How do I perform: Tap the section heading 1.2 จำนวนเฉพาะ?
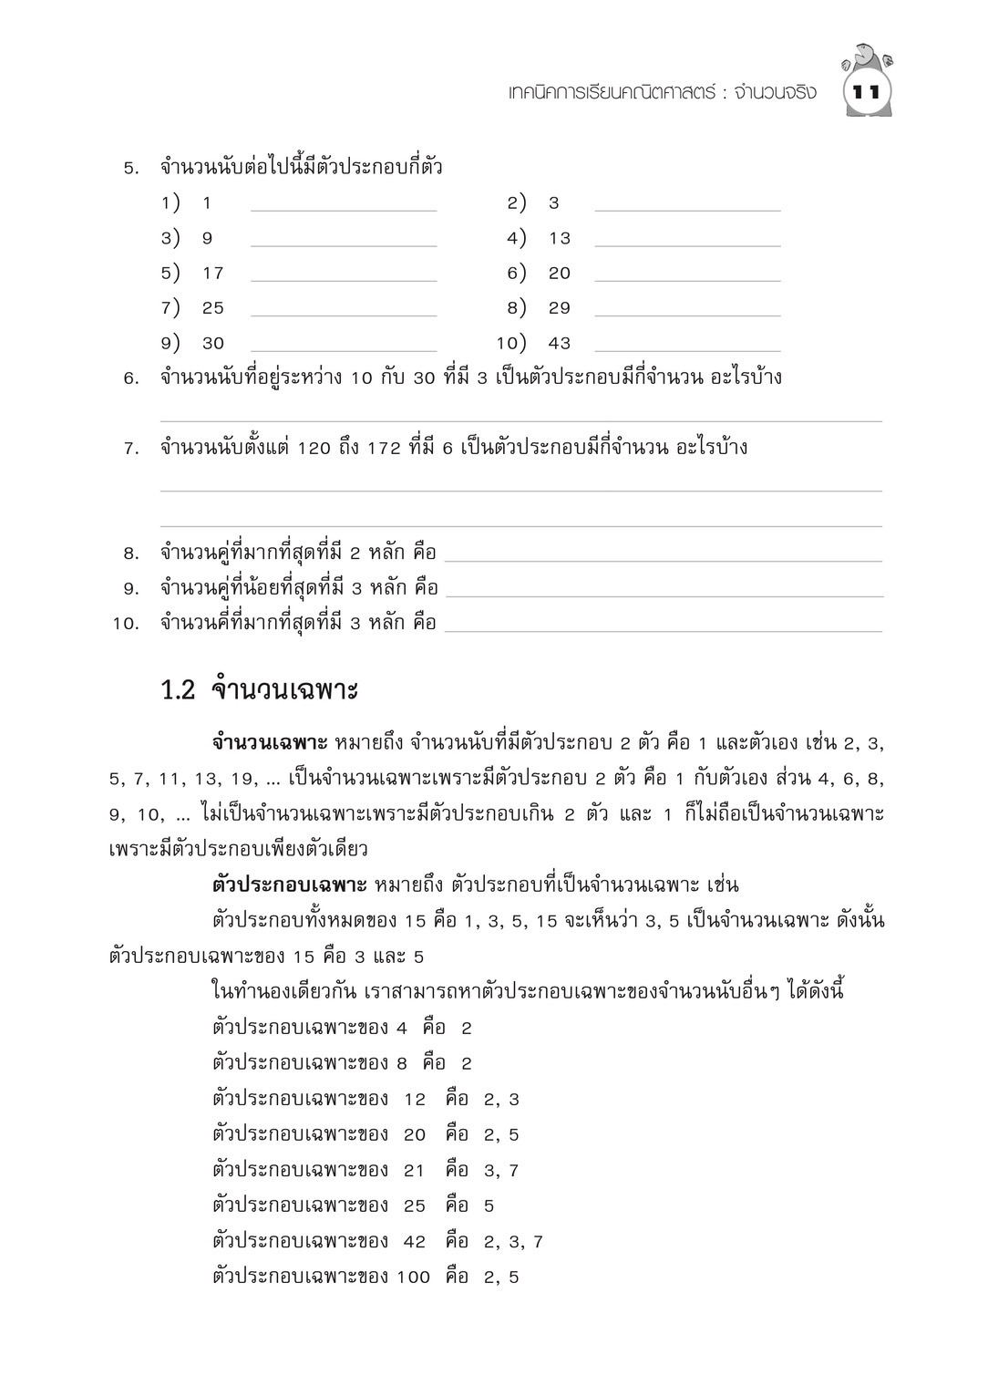260,690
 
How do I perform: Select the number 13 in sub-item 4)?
559,239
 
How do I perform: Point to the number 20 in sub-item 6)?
559,274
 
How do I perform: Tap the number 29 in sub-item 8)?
559,308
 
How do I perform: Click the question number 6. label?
130,378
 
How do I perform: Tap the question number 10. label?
125,625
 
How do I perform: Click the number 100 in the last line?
413,1278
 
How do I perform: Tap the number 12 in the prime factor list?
415,1100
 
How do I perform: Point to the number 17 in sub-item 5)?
213,274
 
